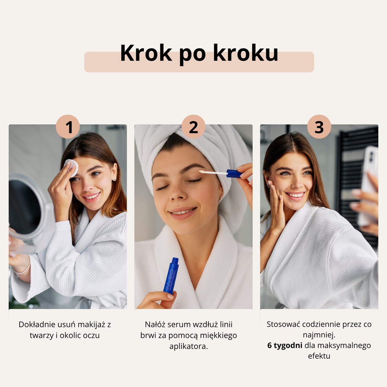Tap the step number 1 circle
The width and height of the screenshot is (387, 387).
coord(68,126)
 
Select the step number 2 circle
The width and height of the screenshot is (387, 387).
coord(193,126)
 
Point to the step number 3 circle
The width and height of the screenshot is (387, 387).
coord(319,126)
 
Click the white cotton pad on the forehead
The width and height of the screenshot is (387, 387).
coord(72,167)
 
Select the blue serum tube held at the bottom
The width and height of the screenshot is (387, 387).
coord(171,276)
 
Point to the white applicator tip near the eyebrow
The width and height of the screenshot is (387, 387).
coord(202,172)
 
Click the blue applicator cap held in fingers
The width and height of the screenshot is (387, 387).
coord(234,174)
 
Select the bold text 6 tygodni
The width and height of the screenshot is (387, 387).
coord(285,345)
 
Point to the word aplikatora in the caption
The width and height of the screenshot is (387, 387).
coord(188,346)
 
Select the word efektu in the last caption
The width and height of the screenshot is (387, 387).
coord(319,356)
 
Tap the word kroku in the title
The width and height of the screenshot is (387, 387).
coord(246,53)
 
